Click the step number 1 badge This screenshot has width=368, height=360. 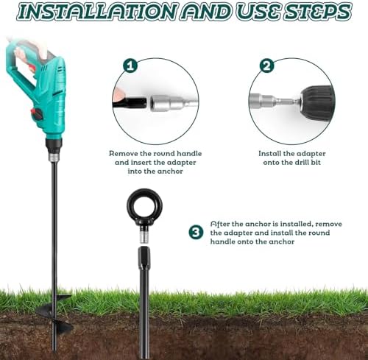[130, 66]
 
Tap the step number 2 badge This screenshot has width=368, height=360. [267, 66]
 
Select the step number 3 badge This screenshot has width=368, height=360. [196, 232]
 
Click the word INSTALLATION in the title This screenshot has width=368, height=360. [97, 11]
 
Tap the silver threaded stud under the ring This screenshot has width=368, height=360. [145, 235]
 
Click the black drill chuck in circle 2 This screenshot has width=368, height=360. [317, 102]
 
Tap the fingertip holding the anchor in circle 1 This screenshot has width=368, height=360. [119, 93]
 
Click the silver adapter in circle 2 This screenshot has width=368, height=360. [275, 102]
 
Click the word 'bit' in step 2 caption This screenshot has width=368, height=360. [315, 163]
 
